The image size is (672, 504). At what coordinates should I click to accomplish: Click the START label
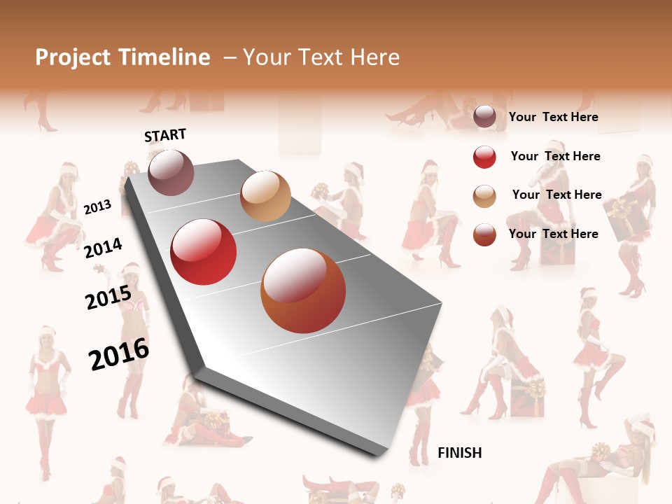[165, 134]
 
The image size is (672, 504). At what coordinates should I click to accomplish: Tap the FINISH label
[459, 453]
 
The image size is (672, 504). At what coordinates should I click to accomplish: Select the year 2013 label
[97, 206]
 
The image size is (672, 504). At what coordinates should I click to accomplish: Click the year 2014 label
[103, 248]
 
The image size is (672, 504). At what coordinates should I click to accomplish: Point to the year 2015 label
[108, 297]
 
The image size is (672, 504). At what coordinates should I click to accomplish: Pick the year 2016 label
[119, 353]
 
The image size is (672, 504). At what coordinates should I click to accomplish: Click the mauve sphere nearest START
[171, 172]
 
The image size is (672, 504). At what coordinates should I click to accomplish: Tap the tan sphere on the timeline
[265, 196]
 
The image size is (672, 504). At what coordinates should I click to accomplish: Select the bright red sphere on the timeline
[204, 252]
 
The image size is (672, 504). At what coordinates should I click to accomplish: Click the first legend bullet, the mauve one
[484, 117]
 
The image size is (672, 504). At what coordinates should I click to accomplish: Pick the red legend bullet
[484, 157]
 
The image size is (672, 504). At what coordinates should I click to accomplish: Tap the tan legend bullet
[484, 196]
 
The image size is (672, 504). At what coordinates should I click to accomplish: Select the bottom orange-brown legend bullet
[484, 234]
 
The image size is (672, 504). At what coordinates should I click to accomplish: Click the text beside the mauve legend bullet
[553, 117]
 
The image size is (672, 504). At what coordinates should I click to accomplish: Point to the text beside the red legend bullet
[555, 156]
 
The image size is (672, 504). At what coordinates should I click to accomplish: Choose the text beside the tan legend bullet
[556, 195]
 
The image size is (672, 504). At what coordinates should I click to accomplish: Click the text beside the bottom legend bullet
[553, 234]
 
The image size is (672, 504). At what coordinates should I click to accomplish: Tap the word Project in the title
[73, 57]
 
